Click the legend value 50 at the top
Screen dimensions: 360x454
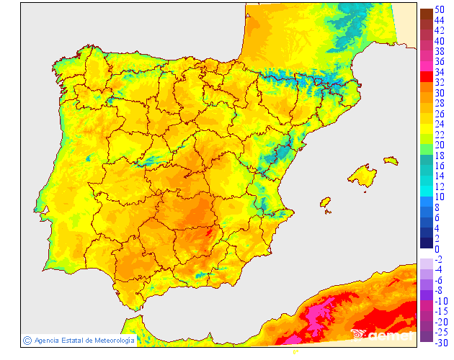[439, 10]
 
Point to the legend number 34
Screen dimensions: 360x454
[439, 72]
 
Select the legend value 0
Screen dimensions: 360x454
[437, 249]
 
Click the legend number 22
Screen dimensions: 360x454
[439, 135]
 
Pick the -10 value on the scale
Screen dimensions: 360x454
[440, 301]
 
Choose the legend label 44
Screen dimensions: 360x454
[439, 20]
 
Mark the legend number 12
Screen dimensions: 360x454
[439, 186]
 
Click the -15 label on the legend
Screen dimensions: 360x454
[440, 311]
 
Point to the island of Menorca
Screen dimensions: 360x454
[391, 161]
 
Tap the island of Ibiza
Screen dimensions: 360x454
[325, 202]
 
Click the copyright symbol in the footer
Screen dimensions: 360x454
[27, 340]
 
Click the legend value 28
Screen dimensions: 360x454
[439, 103]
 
